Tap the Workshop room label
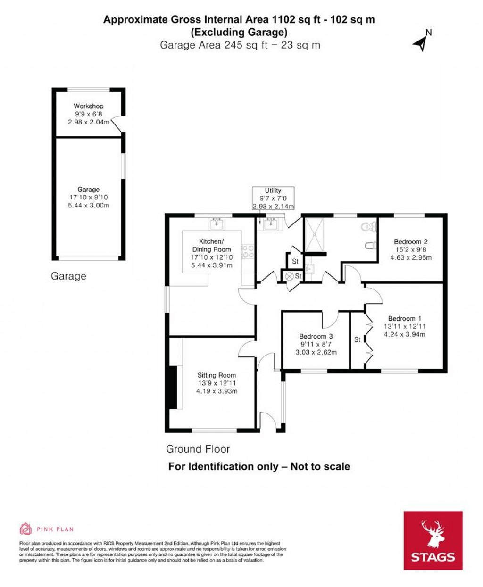click(88, 106)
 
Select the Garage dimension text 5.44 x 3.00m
click(89, 205)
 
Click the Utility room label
click(273, 190)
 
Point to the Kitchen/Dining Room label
click(212, 246)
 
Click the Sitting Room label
click(217, 375)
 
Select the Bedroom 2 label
click(411, 242)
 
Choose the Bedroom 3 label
click(316, 336)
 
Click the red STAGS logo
click(433, 540)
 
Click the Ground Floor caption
click(198, 449)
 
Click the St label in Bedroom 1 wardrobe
click(357, 339)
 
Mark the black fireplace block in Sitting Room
click(173, 387)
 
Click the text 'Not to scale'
click(320, 466)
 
